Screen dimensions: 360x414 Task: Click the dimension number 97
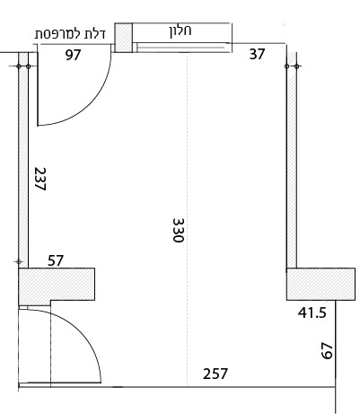[73, 55]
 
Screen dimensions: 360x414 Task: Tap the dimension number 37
[257, 54]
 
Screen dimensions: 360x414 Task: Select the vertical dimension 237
[40, 179]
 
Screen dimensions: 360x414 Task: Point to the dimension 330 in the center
[179, 230]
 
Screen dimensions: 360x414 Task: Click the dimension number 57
[56, 260]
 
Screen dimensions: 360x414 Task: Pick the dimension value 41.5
[312, 313]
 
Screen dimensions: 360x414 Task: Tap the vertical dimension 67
[327, 351]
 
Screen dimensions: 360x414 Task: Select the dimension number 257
[215, 374]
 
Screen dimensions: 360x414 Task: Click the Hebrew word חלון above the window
[180, 31]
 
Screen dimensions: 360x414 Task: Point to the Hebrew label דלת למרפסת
[70, 34]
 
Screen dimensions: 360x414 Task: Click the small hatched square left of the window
[124, 38]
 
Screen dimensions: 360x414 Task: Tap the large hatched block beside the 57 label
[57, 285]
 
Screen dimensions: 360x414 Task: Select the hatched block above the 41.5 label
[320, 284]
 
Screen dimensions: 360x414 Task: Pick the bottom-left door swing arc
[83, 334]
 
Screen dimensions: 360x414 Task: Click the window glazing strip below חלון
[181, 48]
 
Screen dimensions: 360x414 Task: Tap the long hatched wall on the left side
[23, 160]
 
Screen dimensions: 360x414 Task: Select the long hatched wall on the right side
[292, 160]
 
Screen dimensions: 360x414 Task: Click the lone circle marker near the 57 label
[19, 262]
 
